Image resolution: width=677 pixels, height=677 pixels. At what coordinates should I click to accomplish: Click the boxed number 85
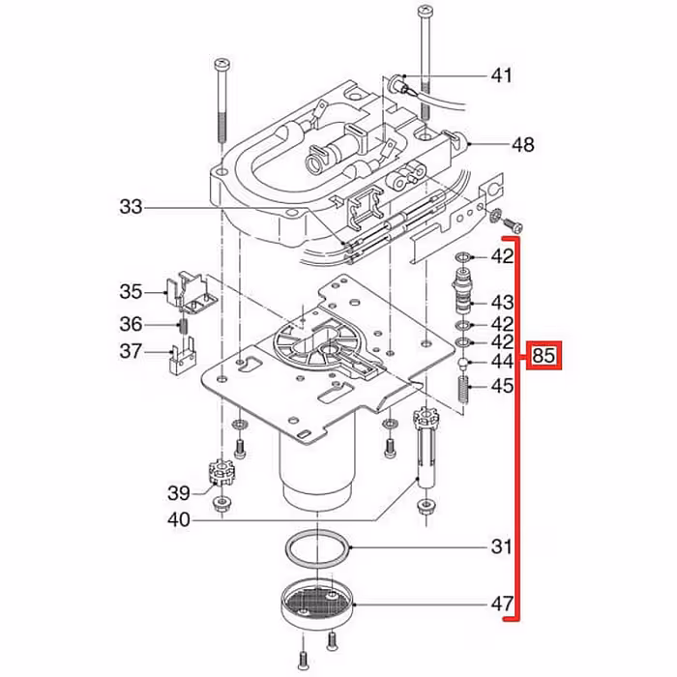click(544, 357)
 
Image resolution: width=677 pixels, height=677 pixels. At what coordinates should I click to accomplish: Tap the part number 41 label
click(501, 75)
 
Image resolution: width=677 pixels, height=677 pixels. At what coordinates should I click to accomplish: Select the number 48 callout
click(522, 146)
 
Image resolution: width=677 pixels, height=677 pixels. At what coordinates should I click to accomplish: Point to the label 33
click(132, 206)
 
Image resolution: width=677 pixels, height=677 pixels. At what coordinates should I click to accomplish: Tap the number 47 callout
click(501, 605)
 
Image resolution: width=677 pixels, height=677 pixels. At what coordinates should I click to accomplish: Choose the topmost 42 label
click(501, 257)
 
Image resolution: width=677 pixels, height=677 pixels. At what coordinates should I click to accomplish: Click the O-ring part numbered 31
click(318, 548)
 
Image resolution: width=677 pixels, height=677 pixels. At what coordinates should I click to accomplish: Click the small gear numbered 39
click(222, 477)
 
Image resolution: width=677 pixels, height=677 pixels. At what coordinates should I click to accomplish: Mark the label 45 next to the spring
click(501, 387)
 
